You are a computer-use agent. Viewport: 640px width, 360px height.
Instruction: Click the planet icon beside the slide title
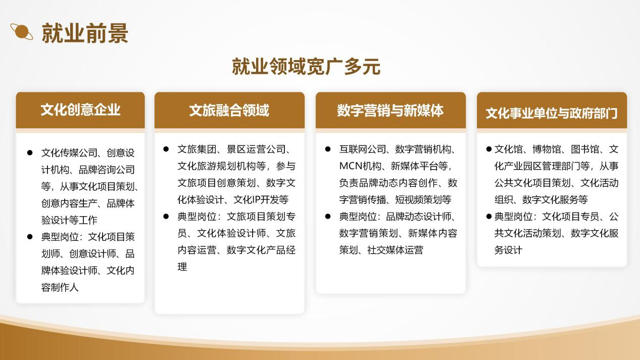pyautogui.click(x=21, y=32)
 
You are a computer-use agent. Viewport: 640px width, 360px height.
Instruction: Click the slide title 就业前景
pyautogui.click(x=85, y=33)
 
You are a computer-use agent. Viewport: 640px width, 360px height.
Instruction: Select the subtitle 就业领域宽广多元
pyautogui.click(x=306, y=67)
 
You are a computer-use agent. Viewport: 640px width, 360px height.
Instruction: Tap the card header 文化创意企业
pyautogui.click(x=80, y=110)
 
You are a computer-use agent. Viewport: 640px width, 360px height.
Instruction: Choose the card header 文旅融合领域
pyautogui.click(x=229, y=111)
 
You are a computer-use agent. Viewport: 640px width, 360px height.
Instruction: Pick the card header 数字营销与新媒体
pyautogui.click(x=390, y=111)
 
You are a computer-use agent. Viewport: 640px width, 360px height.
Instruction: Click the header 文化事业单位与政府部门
pyautogui.click(x=552, y=113)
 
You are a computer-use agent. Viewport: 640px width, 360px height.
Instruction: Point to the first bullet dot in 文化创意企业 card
pyautogui.click(x=30, y=153)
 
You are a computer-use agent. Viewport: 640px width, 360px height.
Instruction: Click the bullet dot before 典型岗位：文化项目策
pyautogui.click(x=30, y=237)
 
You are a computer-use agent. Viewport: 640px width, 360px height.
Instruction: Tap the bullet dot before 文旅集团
pyautogui.click(x=166, y=149)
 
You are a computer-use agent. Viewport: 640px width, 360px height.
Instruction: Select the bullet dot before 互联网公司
pyautogui.click(x=328, y=149)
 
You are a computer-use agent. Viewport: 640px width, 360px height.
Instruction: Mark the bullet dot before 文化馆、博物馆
pyautogui.click(x=489, y=149)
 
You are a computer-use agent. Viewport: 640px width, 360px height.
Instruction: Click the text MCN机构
pyautogui.click(x=360, y=166)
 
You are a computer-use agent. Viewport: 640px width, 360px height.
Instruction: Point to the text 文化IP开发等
pyautogui.click(x=261, y=199)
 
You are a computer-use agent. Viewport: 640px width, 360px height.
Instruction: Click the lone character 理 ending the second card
pyautogui.click(x=182, y=267)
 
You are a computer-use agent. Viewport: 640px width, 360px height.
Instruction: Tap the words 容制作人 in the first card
pyautogui.click(x=60, y=287)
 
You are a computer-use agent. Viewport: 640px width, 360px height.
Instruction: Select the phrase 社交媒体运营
pyautogui.click(x=395, y=250)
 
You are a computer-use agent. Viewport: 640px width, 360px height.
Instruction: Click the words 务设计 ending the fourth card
pyautogui.click(x=508, y=250)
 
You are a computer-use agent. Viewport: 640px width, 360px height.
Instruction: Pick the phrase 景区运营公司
pyautogui.click(x=256, y=149)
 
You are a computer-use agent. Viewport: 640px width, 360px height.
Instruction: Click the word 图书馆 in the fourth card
pyautogui.click(x=585, y=149)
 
